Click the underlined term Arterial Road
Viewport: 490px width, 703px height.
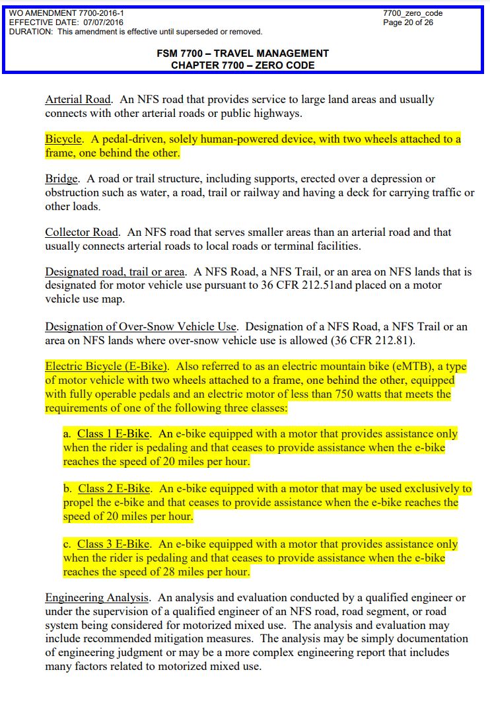point(77,100)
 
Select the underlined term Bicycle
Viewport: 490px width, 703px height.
point(63,139)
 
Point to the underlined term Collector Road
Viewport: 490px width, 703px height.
point(82,233)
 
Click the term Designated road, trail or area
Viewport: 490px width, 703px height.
point(115,272)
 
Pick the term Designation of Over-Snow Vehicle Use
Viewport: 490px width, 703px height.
point(141,326)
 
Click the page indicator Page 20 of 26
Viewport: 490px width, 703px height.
point(408,22)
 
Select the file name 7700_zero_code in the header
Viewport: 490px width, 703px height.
point(413,13)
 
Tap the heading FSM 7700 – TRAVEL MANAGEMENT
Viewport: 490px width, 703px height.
point(242,54)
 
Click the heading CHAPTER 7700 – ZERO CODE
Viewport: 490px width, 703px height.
point(242,65)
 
